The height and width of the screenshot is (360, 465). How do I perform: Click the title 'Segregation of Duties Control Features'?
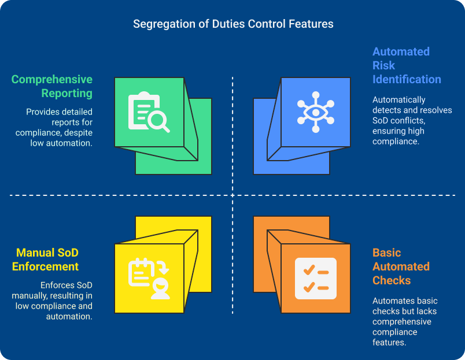point(233,24)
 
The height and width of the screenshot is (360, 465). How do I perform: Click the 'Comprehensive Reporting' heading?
point(52,86)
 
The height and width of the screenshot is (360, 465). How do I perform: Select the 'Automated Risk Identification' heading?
point(406,65)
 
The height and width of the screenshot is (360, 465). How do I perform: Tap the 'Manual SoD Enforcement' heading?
point(47,259)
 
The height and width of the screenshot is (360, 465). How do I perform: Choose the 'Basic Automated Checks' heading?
point(400,266)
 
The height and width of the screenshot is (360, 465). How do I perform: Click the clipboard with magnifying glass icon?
point(149,112)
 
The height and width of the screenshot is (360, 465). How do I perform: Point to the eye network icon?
point(316,112)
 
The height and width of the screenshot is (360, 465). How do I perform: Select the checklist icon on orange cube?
point(316,278)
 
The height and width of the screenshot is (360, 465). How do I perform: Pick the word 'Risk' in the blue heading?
point(383,65)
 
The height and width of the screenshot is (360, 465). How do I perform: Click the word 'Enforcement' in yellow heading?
point(47,266)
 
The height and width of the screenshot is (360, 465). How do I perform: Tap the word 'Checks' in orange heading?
point(392,280)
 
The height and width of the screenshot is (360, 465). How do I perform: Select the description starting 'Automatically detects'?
point(412,120)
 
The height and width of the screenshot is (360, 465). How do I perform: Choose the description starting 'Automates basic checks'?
point(405,321)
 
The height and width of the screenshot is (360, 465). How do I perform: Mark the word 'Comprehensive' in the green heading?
point(52,79)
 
